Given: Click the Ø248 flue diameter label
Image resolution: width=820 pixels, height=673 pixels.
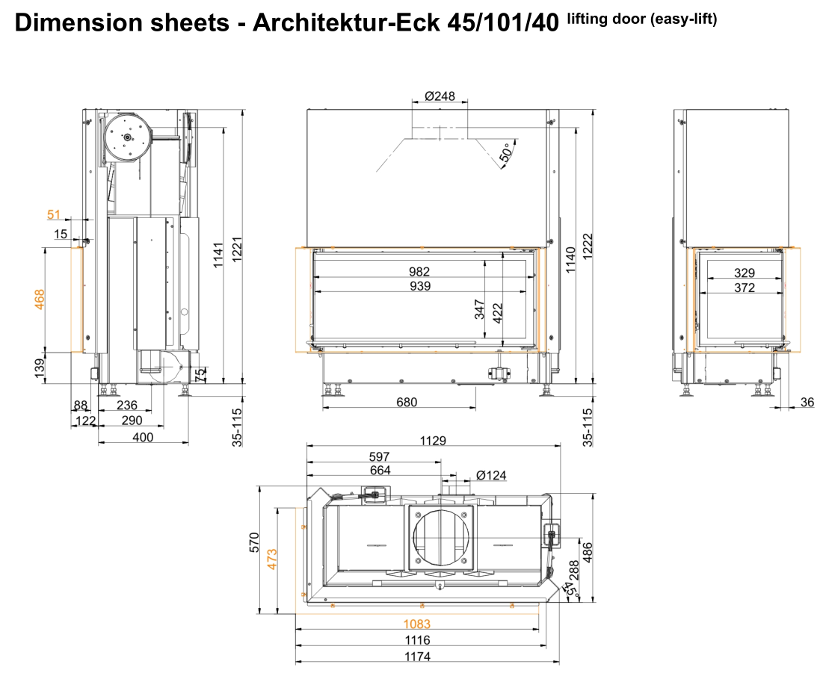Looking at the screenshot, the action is (440, 96).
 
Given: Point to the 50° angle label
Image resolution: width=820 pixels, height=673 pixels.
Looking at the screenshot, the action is (506, 154).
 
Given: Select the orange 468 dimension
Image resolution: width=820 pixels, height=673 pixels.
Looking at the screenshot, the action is (40, 300).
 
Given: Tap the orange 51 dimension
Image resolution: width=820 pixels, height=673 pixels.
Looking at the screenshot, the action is (54, 214).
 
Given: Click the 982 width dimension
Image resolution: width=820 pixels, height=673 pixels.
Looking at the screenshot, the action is (419, 272).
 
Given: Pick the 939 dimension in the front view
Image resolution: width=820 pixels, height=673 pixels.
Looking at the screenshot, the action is (420, 286).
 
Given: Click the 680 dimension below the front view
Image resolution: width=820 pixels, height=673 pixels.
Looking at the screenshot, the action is (407, 403).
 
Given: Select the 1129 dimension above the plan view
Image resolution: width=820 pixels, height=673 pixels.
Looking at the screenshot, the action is (433, 441).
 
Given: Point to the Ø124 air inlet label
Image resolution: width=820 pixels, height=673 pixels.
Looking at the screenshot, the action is (492, 476).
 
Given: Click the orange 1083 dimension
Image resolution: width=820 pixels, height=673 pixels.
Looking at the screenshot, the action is (417, 624).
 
